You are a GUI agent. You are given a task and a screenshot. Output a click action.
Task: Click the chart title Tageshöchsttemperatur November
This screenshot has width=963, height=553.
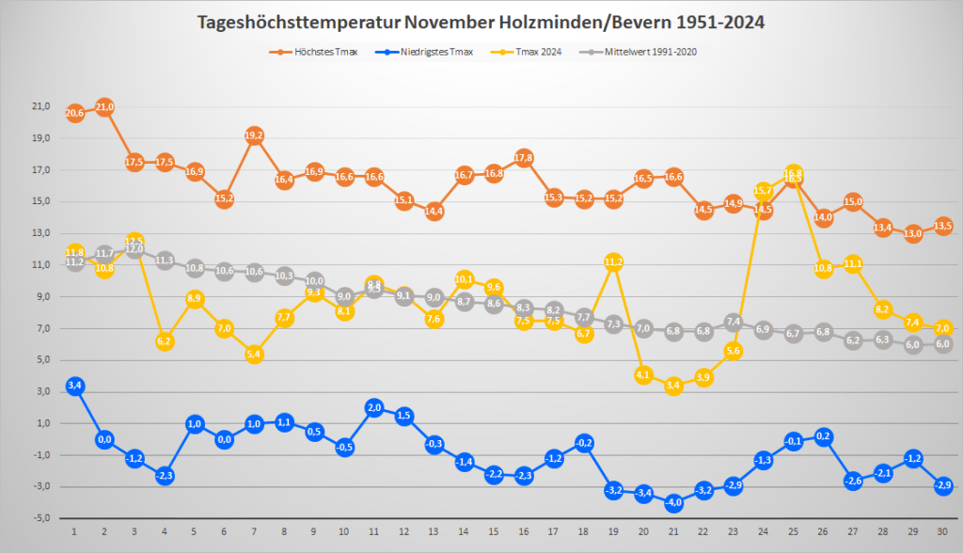[x=481, y=22]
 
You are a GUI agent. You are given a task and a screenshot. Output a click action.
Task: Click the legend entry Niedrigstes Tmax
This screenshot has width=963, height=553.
[x=429, y=52]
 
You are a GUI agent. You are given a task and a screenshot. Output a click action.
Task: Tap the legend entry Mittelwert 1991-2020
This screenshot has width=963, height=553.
[x=639, y=52]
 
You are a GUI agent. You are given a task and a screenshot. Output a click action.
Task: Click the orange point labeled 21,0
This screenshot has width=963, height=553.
[x=104, y=107]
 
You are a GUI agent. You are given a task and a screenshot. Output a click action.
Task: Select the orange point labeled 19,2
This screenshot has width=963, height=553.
[x=254, y=135]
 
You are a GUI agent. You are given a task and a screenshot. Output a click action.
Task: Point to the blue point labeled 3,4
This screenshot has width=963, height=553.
[x=75, y=386]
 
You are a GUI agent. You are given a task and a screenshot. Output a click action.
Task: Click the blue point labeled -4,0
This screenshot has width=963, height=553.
[x=673, y=502]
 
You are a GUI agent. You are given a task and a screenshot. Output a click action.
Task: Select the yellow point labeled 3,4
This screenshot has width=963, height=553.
[x=673, y=386]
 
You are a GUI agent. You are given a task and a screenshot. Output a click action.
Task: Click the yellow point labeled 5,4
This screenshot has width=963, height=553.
[x=254, y=354]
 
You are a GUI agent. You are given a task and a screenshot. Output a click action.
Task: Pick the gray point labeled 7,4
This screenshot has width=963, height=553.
[x=734, y=322]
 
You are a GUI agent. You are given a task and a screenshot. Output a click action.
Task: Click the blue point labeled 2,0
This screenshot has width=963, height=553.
[x=373, y=407]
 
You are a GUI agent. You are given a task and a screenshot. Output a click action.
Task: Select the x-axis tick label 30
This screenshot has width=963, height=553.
[x=943, y=532]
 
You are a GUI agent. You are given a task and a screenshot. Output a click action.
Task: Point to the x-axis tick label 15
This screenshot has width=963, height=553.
[x=494, y=532]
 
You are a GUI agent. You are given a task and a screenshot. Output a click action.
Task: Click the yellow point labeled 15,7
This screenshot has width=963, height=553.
[x=763, y=191]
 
